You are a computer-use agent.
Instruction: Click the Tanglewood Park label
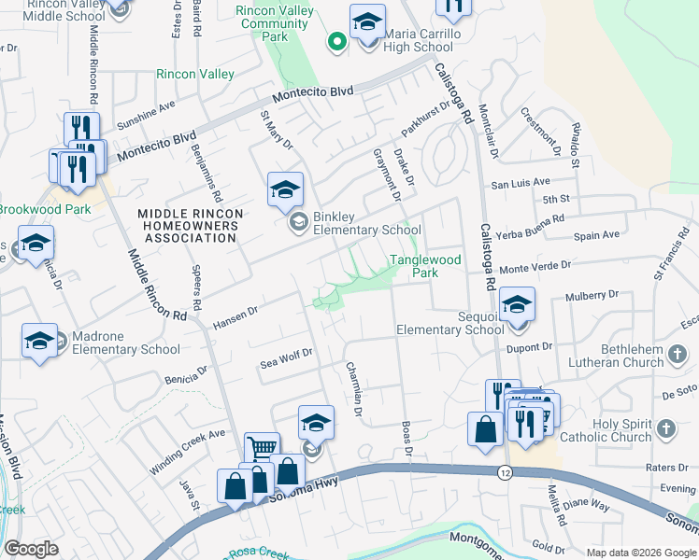(x=425, y=267)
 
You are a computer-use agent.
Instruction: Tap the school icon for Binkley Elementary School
(x=285, y=189)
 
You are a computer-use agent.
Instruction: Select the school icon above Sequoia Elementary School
(x=517, y=304)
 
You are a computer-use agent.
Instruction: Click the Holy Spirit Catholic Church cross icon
(x=665, y=428)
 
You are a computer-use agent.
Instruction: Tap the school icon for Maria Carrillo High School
(x=367, y=22)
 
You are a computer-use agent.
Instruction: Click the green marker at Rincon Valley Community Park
(x=336, y=41)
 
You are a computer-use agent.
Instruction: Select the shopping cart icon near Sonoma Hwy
(x=262, y=450)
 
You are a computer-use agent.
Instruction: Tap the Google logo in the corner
(x=31, y=549)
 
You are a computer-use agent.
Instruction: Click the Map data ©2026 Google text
(x=640, y=553)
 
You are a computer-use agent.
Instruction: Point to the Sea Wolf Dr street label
(x=286, y=360)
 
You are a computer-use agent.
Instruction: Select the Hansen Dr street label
(x=235, y=315)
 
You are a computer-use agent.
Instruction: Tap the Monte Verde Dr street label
(x=535, y=267)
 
